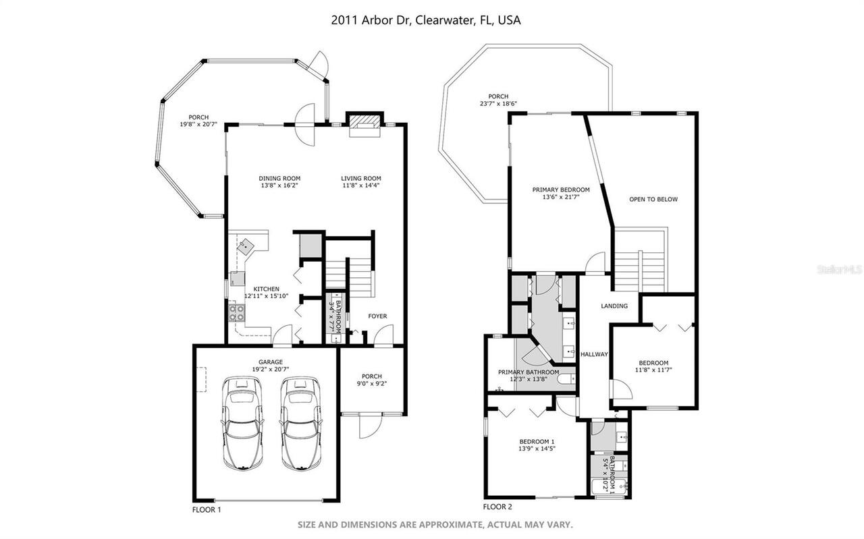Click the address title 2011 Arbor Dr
click(x=426, y=20)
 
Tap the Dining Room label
click(x=279, y=179)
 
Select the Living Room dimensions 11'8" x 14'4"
click(x=360, y=186)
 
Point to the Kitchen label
click(x=261, y=289)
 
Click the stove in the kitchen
click(x=238, y=312)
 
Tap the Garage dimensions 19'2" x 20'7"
click(x=270, y=369)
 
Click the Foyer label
click(x=377, y=316)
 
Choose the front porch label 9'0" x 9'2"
click(x=371, y=384)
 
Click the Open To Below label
click(x=653, y=199)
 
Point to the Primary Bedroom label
click(x=560, y=190)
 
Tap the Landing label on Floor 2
click(x=614, y=306)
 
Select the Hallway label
click(x=594, y=354)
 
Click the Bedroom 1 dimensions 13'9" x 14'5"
click(x=537, y=449)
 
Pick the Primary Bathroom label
click(x=529, y=372)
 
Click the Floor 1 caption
click(x=207, y=510)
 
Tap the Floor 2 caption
click(x=497, y=507)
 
